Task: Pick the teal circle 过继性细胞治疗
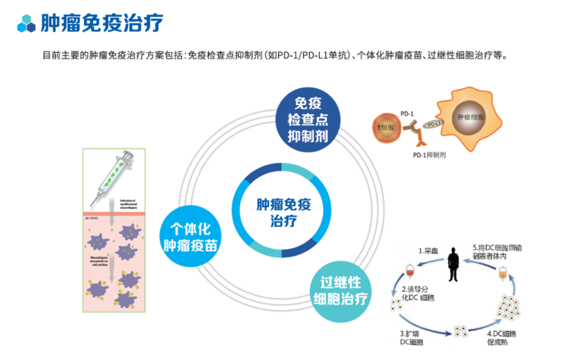pyautogui.click(x=343, y=292)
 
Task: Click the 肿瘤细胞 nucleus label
pyautogui.click(x=470, y=117)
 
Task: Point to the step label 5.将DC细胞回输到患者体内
pyautogui.click(x=497, y=253)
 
